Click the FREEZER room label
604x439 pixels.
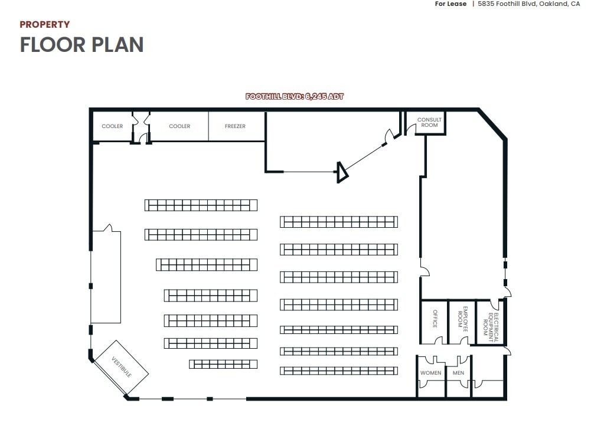coord(235,126)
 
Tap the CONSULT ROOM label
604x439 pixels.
coord(429,123)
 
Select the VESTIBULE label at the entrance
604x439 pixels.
coord(121,368)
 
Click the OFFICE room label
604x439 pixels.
coord(435,319)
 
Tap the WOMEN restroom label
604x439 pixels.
coord(430,373)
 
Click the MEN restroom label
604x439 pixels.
coord(458,373)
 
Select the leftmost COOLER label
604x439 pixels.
coord(112,126)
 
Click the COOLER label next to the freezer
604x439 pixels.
coord(179,126)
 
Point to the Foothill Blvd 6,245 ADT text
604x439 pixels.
coord(294,96)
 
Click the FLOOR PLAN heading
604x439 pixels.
coord(81,45)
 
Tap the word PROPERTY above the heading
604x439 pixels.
coord(45,24)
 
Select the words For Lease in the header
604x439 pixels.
coord(450,4)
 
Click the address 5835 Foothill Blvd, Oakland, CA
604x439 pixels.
coord(528,4)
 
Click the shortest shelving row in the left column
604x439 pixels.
coord(223,364)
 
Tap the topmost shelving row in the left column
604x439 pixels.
coord(201,205)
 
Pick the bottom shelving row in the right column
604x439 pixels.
coord(339,371)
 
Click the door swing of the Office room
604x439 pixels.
coord(438,340)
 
